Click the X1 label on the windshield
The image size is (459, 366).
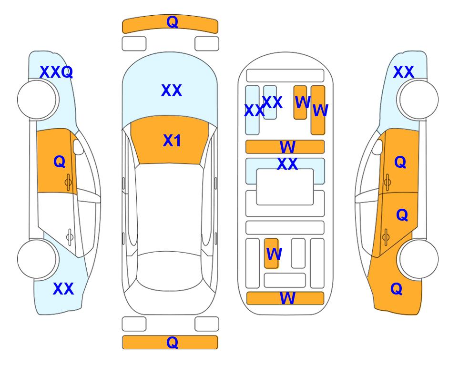(x=172, y=141)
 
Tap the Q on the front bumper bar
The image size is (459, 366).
(x=173, y=21)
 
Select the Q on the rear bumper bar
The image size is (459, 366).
(x=173, y=342)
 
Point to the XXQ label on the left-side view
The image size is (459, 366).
(x=56, y=72)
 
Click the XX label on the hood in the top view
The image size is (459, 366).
(x=172, y=91)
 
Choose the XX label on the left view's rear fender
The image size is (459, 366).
(x=63, y=289)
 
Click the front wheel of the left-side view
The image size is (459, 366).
(x=37, y=100)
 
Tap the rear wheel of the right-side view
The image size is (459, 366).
(x=419, y=259)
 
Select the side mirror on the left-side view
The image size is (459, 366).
(x=79, y=147)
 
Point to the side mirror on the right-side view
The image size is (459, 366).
(x=377, y=147)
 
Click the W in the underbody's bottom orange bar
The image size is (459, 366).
(x=287, y=298)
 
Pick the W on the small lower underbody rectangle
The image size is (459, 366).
(x=274, y=254)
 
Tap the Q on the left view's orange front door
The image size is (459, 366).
(x=60, y=162)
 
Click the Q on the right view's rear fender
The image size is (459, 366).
(x=397, y=289)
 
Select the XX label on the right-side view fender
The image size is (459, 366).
(x=404, y=72)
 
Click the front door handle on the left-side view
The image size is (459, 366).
(x=68, y=182)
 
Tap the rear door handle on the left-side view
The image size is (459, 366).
(x=70, y=236)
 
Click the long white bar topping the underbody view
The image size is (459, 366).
(x=285, y=76)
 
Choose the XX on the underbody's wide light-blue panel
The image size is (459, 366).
(x=287, y=164)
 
